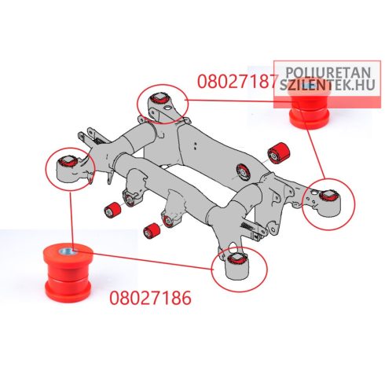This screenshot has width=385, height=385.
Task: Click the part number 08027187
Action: click(x=236, y=81)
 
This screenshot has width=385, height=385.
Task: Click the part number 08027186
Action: click(x=150, y=298)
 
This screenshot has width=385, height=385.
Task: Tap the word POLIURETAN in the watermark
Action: click(x=328, y=72)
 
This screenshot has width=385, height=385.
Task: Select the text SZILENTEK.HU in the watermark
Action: click(x=328, y=85)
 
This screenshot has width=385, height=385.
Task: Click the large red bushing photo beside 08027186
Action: click(x=68, y=273)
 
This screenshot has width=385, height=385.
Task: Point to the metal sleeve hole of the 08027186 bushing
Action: click(x=68, y=252)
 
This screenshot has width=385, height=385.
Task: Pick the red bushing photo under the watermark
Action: click(x=310, y=104)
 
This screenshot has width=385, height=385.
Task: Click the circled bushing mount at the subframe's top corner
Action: click(x=163, y=104)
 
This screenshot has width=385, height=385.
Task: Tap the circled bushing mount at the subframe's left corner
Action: click(x=70, y=169)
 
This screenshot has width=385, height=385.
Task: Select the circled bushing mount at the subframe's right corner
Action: click(x=328, y=204)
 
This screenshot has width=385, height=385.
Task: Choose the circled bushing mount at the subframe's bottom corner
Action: click(x=240, y=269)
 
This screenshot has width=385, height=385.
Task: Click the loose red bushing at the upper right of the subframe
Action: click(x=279, y=153)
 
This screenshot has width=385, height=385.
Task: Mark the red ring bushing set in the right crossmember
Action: click(x=244, y=171)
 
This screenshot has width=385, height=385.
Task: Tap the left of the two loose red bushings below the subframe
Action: click(x=112, y=210)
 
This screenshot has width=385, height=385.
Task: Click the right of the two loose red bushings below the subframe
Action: click(x=152, y=231)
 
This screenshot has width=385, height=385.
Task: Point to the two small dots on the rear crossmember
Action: click(x=195, y=146)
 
